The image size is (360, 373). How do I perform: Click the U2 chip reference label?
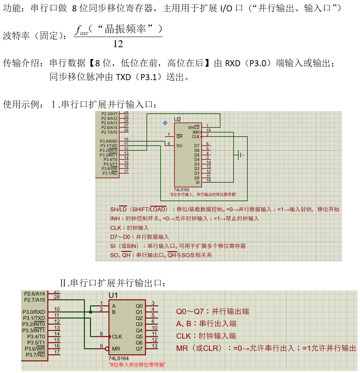pyautogui.click(x=177, y=119)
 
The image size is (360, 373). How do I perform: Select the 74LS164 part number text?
pyautogui.click(x=119, y=358)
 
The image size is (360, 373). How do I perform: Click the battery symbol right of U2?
pyautogui.click(x=240, y=155)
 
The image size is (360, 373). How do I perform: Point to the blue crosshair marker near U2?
pyautogui.click(x=165, y=122)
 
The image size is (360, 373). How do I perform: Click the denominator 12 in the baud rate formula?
pyautogui.click(x=118, y=44)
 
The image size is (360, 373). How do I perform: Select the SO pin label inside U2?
pyautogui.click(x=179, y=146)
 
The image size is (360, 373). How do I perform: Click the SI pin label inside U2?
pyautogui.click(x=197, y=182)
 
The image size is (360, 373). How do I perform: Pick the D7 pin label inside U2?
pyautogui.click(x=197, y=146)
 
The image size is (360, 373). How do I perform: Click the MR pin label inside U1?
pyautogui.click(x=116, y=349)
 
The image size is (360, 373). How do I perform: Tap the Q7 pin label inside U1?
pyautogui.click(x=139, y=349)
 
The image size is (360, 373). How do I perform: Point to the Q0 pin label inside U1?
pyautogui.click(x=139, y=305)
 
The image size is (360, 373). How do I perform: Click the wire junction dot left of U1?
pyautogui.click(x=90, y=312)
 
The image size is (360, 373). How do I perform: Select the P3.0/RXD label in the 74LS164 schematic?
pyautogui.click(x=34, y=312)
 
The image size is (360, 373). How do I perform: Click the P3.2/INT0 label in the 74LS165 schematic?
pyautogui.click(x=109, y=150)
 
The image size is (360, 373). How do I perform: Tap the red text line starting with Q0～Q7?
pyautogui.click(x=212, y=312)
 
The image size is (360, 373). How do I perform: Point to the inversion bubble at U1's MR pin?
pyautogui.click(x=107, y=349)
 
